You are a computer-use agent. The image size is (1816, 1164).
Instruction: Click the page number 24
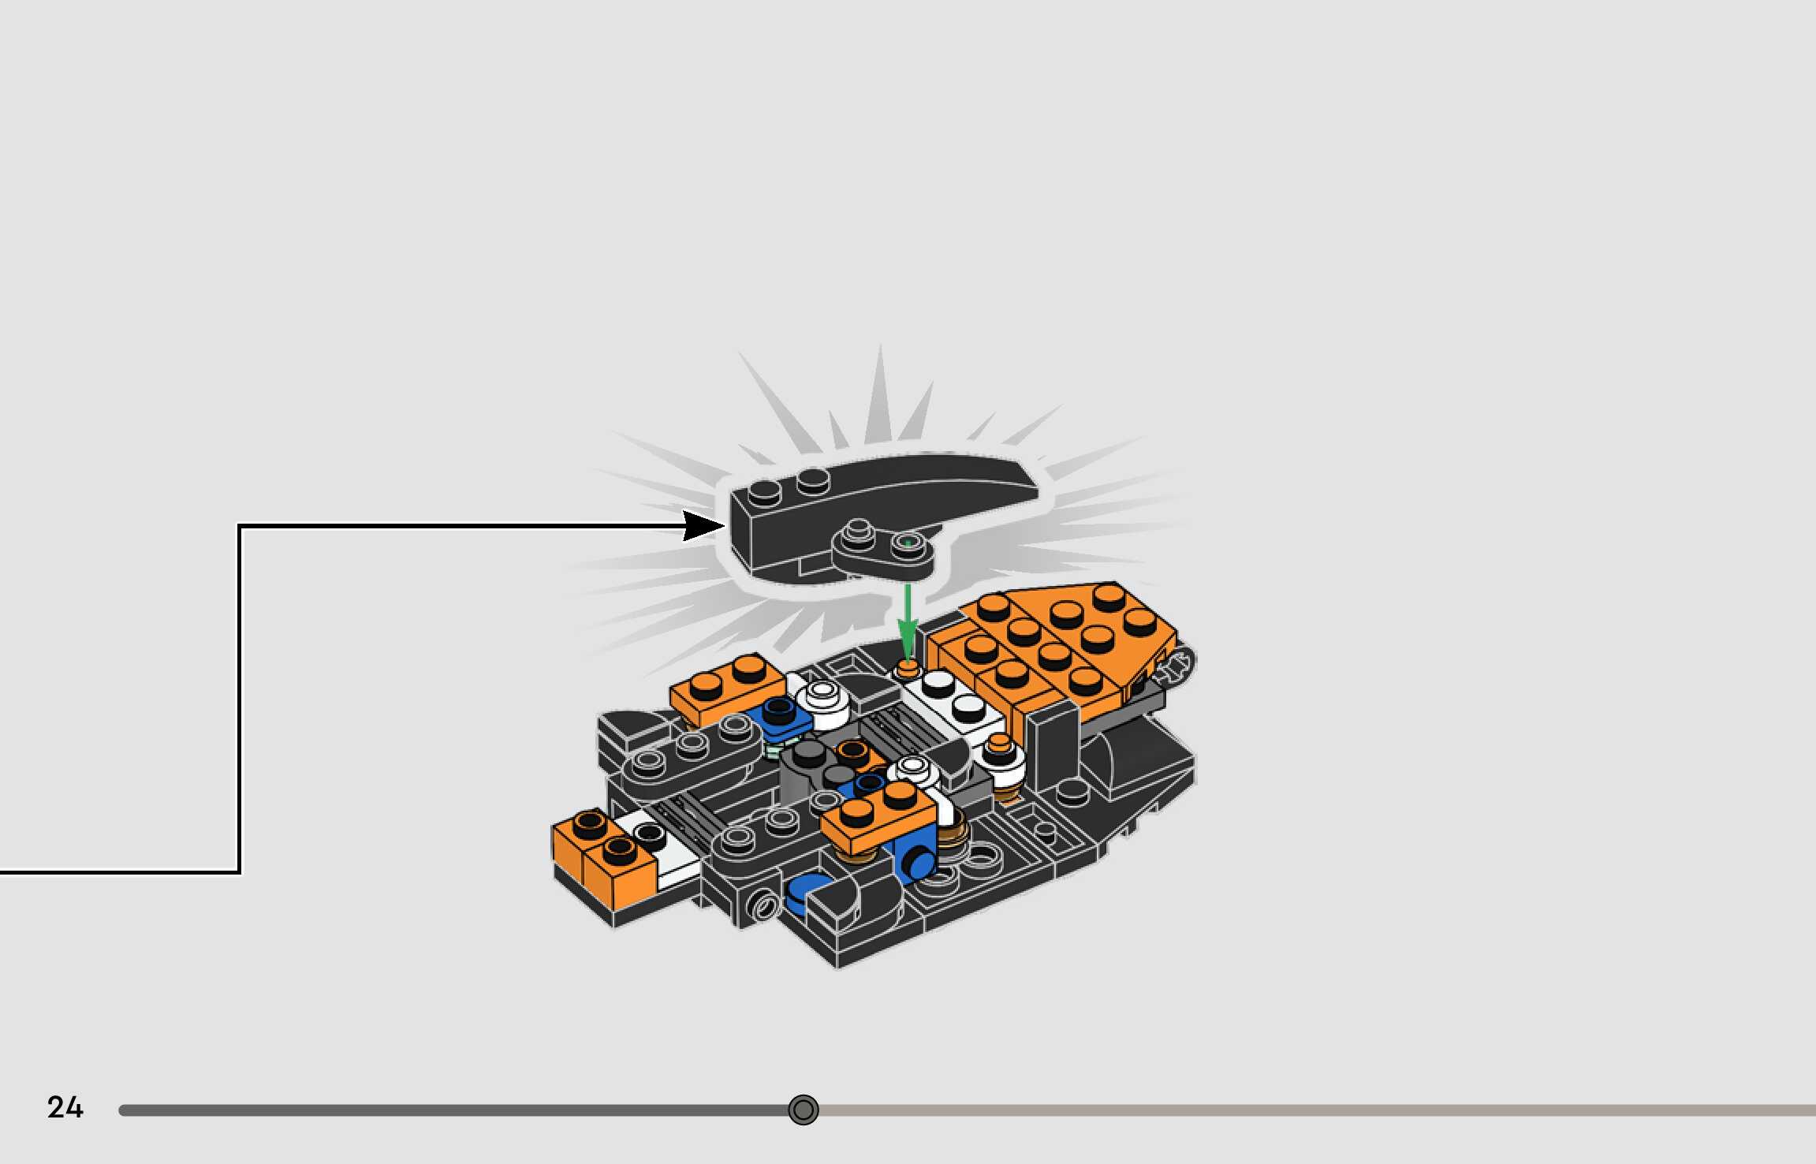coord(65,1107)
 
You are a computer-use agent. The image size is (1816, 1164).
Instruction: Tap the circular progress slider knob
coord(804,1110)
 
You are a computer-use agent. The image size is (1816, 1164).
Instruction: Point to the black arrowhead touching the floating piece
coord(703,525)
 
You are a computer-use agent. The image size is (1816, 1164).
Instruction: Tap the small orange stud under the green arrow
coord(908,670)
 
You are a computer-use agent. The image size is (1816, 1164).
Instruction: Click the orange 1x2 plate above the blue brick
coord(877,816)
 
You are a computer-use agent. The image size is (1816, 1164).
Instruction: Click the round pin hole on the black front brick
coord(763,905)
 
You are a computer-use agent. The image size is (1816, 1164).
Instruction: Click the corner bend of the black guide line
coord(240,526)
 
